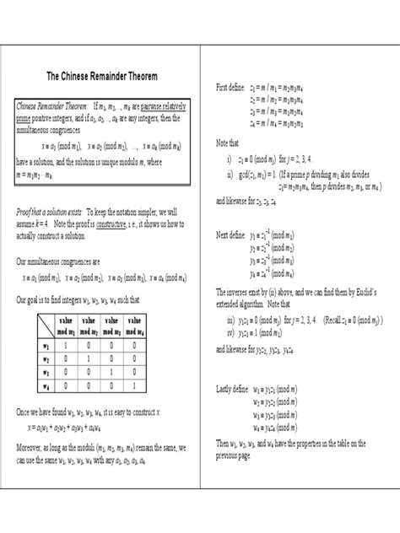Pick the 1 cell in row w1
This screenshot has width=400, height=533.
point(65,345)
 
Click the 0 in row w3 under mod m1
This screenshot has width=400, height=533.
point(65,372)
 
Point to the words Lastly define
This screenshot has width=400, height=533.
point(235,390)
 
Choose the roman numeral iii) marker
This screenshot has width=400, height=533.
point(230,321)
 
